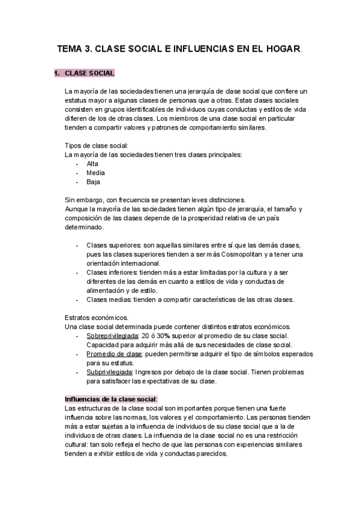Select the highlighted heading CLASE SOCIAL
(x=89, y=74)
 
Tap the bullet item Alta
(x=92, y=164)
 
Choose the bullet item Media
(x=95, y=173)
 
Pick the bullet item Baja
(x=93, y=182)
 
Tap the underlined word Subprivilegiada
(x=110, y=372)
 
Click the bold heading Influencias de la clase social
(x=110, y=399)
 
